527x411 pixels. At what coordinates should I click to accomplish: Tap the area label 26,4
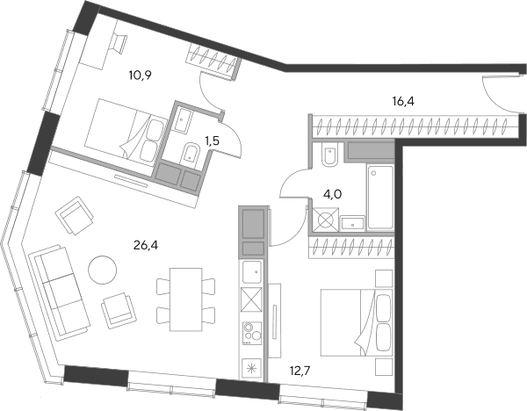146,246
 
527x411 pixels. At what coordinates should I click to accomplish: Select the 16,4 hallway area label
403,101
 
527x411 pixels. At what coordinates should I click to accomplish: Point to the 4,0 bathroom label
332,194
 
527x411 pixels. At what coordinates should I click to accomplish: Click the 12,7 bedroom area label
300,371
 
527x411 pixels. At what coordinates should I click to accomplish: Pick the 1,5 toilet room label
213,141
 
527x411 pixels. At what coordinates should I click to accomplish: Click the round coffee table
103,270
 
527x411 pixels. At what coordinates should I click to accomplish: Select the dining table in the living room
186,299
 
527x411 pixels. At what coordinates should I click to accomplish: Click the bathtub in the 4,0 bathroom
380,198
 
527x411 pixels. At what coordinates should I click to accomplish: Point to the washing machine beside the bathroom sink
325,220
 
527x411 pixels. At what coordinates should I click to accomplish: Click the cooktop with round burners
252,334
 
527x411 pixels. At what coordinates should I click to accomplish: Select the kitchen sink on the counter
252,272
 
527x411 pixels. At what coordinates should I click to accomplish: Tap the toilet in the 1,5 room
191,155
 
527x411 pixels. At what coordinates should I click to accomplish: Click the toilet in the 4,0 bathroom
329,155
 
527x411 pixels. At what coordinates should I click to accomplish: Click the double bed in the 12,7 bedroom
357,322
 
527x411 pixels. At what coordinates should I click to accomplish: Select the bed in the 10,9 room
126,133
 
